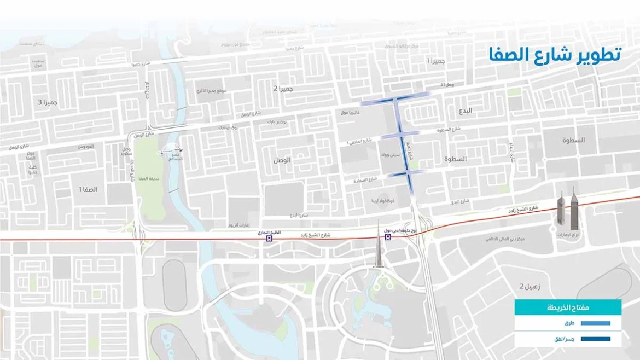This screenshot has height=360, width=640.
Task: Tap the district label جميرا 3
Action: tap(48, 102)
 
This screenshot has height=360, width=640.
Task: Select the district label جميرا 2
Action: tap(284, 89)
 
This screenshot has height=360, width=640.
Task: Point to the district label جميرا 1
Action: tap(438, 60)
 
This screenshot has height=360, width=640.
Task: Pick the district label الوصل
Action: tap(282, 160)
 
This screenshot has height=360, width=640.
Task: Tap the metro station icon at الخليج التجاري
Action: tap(268, 239)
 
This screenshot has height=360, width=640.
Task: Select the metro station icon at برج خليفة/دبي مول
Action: tap(387, 239)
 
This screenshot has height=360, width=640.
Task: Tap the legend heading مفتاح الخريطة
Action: tap(568, 307)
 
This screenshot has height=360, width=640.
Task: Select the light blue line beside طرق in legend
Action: tap(592, 323)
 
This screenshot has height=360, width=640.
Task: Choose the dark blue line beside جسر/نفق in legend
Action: tap(592, 339)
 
